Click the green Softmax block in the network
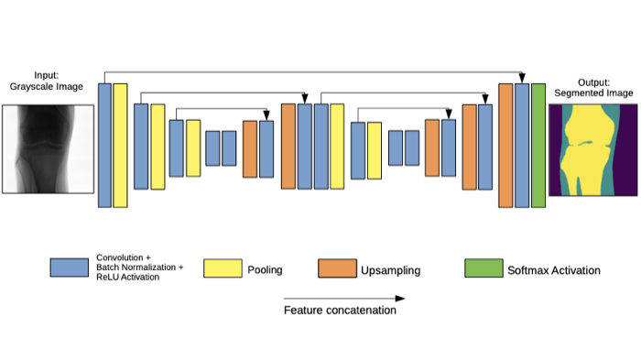tap(538, 146)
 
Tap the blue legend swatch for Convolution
tap(70, 267)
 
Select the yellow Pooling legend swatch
tap(223, 268)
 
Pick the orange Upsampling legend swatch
tap(337, 268)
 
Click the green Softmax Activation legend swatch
tap(483, 268)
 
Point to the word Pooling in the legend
tap(265, 270)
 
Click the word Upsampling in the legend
tap(390, 270)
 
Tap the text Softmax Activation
tap(554, 270)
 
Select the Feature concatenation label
tap(340, 311)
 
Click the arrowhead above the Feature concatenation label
tap(400, 299)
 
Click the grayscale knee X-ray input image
tap(49, 149)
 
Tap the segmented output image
tap(592, 150)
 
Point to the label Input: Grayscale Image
tap(46, 81)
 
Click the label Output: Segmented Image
tap(593, 88)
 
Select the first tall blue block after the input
tap(104, 146)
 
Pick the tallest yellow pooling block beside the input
tap(120, 146)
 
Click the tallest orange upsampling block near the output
tap(505, 146)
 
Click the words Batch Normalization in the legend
tap(136, 267)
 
